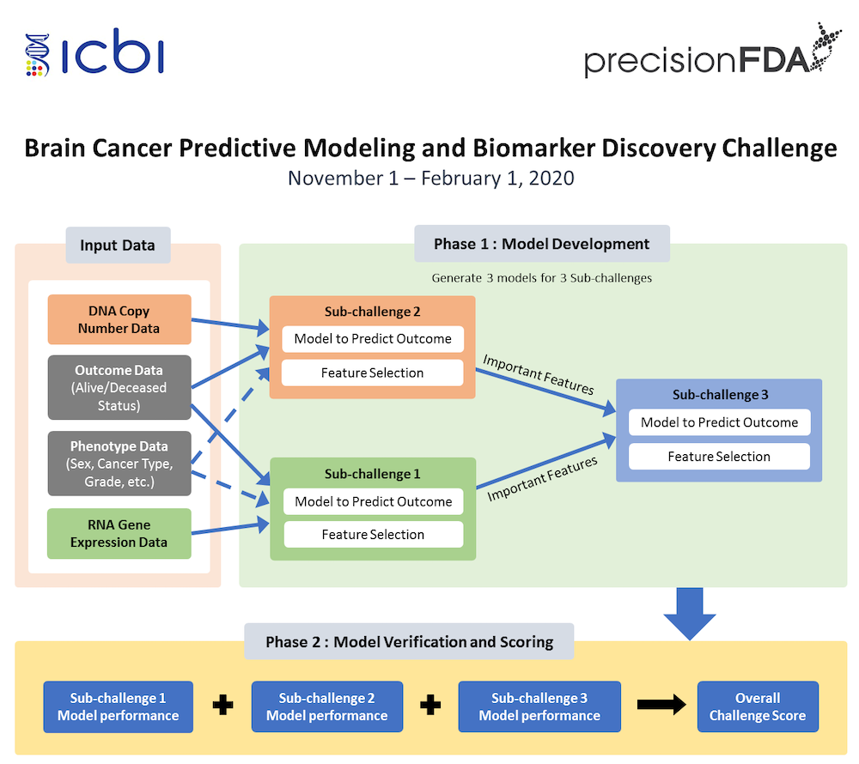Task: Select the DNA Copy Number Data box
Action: pos(119,319)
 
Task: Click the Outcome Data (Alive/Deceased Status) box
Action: pos(119,387)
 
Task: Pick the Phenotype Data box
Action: pos(119,464)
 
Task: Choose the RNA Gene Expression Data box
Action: pos(119,533)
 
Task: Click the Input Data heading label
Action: pos(118,246)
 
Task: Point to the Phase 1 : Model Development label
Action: pos(541,244)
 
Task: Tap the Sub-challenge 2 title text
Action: pos(373,312)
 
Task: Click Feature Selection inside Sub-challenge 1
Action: pos(373,534)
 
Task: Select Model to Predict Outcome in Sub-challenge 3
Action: pos(719,422)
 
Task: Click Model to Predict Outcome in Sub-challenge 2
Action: pos(373,338)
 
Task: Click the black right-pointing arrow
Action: pos(661,706)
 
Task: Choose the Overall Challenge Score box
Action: pos(757,706)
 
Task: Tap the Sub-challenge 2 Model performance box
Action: pos(326,706)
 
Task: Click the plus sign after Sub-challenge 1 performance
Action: pos(222,706)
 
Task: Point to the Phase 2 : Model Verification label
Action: pos(409,641)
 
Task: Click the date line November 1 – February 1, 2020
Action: pos(430,179)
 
